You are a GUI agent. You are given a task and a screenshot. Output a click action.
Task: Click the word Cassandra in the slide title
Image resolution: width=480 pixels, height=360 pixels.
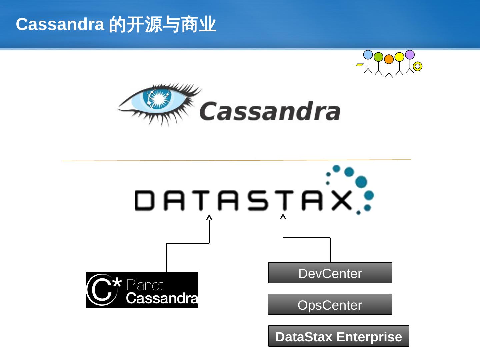tap(60, 24)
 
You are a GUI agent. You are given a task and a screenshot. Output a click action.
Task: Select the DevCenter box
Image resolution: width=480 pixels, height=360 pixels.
tap(330, 273)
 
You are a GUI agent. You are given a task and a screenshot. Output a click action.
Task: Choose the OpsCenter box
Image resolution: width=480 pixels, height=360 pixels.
tap(330, 305)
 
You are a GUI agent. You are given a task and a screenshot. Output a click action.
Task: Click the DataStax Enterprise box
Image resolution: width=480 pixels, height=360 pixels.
tap(338, 336)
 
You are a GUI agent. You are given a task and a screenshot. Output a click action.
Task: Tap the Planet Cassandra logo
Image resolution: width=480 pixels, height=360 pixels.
tap(142, 290)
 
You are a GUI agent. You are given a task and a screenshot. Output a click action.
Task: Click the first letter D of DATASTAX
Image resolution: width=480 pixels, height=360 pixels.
tap(144, 200)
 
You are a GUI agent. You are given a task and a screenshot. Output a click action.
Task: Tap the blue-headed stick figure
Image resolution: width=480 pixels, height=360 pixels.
tap(368, 55)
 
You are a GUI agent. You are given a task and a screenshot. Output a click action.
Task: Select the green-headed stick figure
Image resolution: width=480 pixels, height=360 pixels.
tap(378, 57)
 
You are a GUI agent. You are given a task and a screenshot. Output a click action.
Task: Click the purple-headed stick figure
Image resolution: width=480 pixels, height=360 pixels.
tap(410, 55)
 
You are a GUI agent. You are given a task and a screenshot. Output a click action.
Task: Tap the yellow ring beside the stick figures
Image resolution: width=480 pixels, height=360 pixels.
tap(417, 66)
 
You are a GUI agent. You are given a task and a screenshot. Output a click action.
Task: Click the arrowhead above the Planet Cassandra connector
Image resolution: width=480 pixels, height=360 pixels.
tap(209, 217)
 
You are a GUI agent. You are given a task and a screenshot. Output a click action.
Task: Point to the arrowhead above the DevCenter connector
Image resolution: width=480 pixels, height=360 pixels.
tap(283, 217)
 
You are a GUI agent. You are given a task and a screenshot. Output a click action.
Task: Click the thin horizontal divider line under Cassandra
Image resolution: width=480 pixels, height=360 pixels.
tap(237, 160)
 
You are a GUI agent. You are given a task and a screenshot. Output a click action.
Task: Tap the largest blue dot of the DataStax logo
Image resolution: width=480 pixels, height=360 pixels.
tap(361, 182)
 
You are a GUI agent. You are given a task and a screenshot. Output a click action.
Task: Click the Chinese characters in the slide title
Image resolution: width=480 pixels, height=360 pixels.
tap(163, 24)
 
